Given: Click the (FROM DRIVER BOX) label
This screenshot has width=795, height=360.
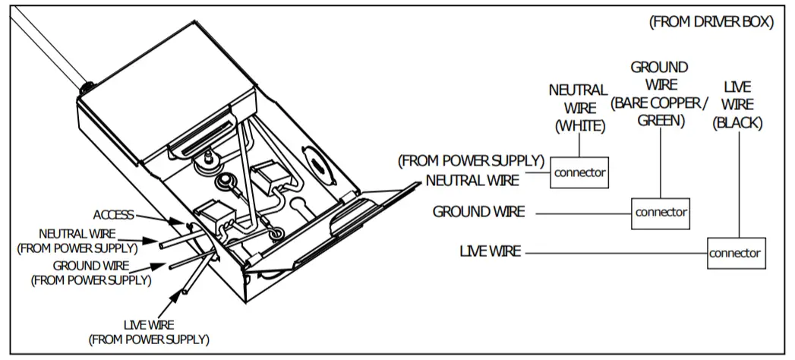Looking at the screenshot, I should [x=711, y=22].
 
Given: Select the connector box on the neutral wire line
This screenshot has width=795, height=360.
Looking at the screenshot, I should [x=580, y=172].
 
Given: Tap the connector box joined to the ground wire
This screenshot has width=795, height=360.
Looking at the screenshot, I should [x=661, y=212].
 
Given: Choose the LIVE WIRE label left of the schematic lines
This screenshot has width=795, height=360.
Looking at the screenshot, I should [x=490, y=251].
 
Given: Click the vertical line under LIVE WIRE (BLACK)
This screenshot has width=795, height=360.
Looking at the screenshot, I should [x=736, y=182].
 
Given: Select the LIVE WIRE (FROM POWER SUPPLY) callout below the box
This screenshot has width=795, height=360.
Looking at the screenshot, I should [x=149, y=331].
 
